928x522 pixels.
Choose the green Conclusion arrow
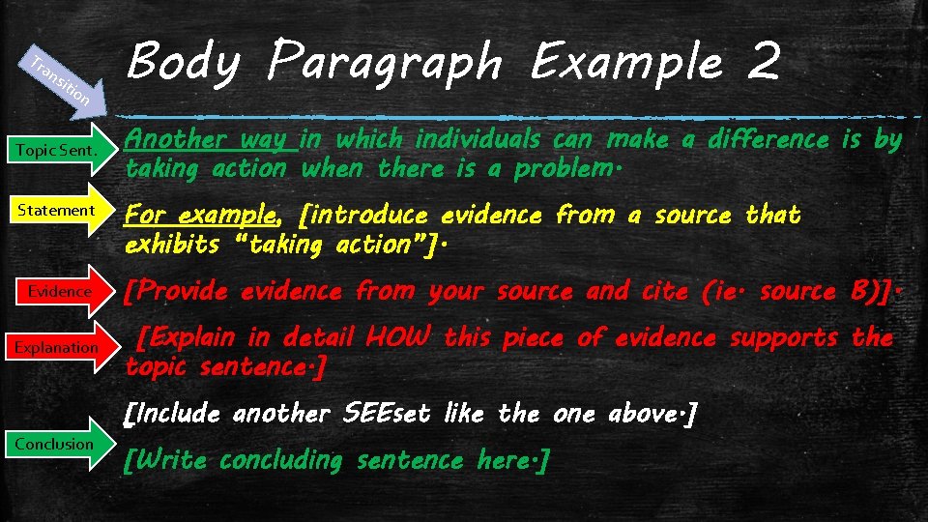(x=58, y=444)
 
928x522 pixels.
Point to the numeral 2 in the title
(x=763, y=63)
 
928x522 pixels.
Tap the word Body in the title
(x=183, y=63)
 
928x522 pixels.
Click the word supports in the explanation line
(x=783, y=337)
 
